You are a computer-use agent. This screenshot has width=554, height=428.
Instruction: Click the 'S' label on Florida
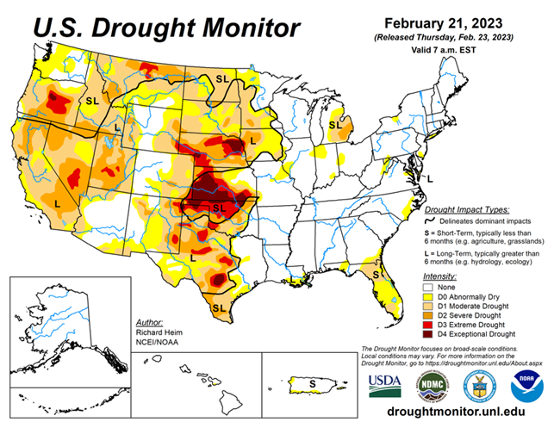(x=377, y=274)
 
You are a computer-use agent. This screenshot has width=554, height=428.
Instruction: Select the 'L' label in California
(x=57, y=203)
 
